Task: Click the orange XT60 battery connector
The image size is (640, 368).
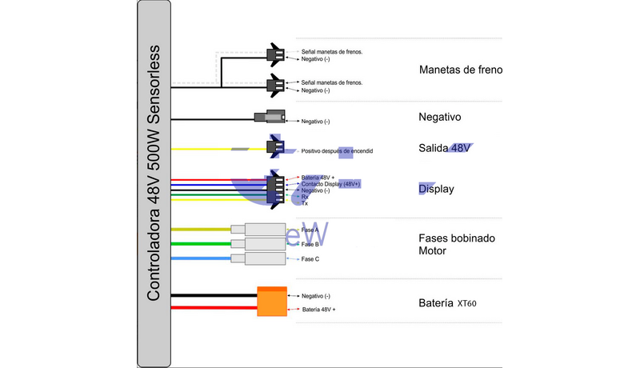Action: [271, 301]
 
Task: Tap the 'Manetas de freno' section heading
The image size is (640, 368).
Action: [461, 70]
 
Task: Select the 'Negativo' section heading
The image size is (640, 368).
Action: [440, 117]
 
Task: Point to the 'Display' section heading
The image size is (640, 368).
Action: [437, 190]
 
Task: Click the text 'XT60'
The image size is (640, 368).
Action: [467, 304]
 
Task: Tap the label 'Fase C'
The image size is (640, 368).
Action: [311, 259]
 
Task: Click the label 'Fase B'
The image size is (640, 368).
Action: [311, 244]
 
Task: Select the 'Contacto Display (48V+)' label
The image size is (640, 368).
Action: [332, 184]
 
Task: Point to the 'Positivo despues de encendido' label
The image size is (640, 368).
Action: [337, 150]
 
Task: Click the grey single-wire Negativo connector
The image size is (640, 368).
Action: [266, 118]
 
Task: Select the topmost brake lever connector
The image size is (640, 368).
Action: [274, 54]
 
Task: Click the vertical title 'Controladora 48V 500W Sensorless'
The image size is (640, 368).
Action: [154, 172]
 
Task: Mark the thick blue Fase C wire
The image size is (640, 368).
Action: [200, 258]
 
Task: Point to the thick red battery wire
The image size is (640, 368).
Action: [212, 308]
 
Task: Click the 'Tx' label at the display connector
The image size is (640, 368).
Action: [305, 203]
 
